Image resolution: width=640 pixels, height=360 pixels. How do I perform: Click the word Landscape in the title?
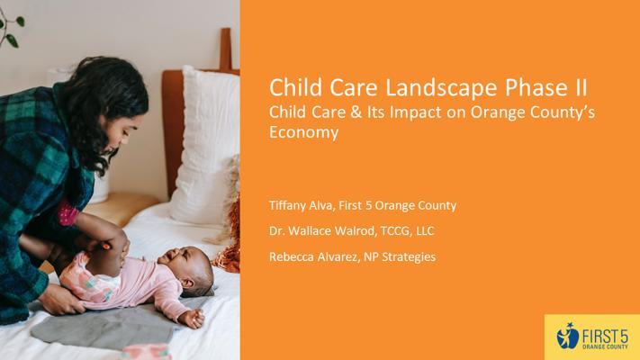tap(442, 88)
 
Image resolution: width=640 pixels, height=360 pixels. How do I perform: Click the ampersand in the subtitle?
tap(356, 112)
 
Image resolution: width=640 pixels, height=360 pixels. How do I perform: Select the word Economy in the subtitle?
tap(303, 133)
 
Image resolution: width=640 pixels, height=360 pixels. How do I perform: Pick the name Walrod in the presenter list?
tap(355, 231)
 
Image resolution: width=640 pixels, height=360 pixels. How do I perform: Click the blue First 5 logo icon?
tap(567, 336)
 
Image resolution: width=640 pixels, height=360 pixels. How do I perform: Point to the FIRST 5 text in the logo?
tap(605, 337)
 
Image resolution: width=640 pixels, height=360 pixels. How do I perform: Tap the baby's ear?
tap(188, 283)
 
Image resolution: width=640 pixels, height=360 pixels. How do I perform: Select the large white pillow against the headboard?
tap(205, 147)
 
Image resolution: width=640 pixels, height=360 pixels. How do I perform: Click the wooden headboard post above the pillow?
tap(226, 49)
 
